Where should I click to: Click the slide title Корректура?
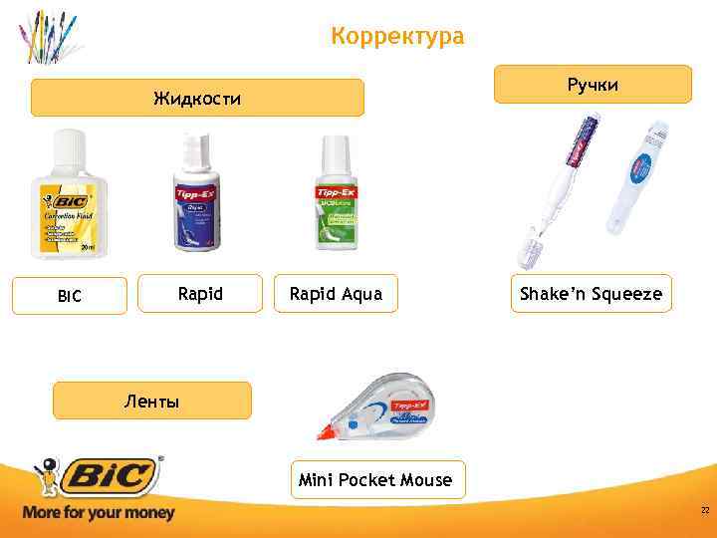click(x=397, y=37)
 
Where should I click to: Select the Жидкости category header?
click(x=197, y=99)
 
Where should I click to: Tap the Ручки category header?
click(x=593, y=85)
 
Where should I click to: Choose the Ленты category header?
click(x=151, y=402)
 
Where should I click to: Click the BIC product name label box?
click(x=70, y=296)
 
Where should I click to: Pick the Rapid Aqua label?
click(x=336, y=294)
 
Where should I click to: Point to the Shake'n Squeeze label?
click(x=592, y=294)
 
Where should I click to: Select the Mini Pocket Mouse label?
click(x=374, y=480)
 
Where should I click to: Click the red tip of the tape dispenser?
click(x=325, y=432)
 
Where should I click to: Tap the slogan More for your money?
click(x=98, y=513)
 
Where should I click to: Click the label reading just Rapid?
click(x=200, y=294)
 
